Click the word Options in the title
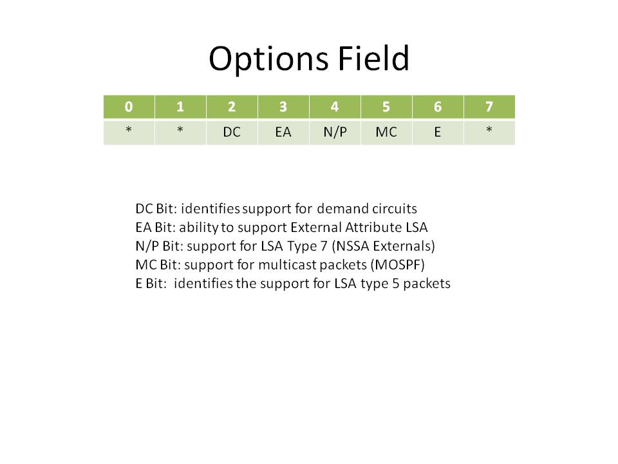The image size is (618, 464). (x=268, y=59)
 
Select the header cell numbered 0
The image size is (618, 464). (x=129, y=106)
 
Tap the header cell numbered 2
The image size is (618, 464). (x=232, y=106)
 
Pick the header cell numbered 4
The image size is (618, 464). (x=335, y=106)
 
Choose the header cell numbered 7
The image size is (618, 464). (x=489, y=106)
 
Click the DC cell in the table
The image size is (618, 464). (x=232, y=132)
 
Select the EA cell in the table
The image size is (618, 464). (x=283, y=132)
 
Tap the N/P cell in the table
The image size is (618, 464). (x=335, y=132)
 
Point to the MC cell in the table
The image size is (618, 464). (x=386, y=132)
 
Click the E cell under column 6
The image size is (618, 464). (x=438, y=132)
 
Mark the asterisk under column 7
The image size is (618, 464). (x=489, y=129)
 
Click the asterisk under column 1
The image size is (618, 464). (x=180, y=129)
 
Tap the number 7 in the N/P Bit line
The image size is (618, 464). (x=324, y=246)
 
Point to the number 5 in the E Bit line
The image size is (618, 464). (x=396, y=284)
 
